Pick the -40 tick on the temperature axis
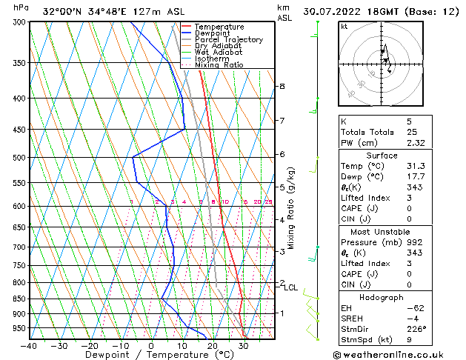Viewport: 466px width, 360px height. (29, 346)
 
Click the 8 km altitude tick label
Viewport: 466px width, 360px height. (282, 87)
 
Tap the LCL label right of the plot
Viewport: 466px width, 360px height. (291, 287)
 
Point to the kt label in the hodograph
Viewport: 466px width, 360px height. (344, 27)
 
